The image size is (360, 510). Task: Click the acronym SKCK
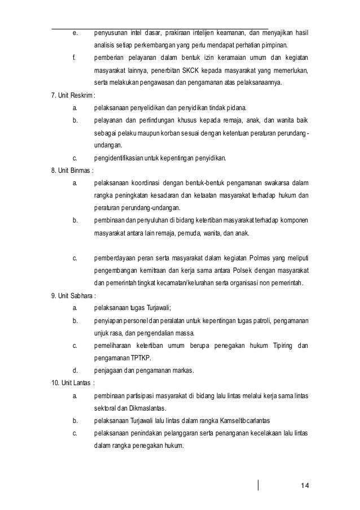coord(194,71)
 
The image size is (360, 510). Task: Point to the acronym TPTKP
coord(144,358)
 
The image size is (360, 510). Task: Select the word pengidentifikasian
coord(119,157)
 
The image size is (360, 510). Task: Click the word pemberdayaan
coord(116,258)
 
